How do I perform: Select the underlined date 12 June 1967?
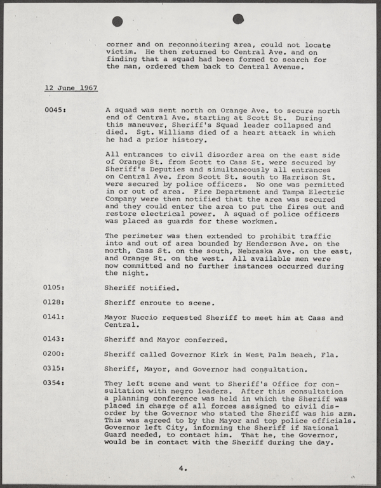pos(70,88)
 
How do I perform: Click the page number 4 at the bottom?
pos(182,469)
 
